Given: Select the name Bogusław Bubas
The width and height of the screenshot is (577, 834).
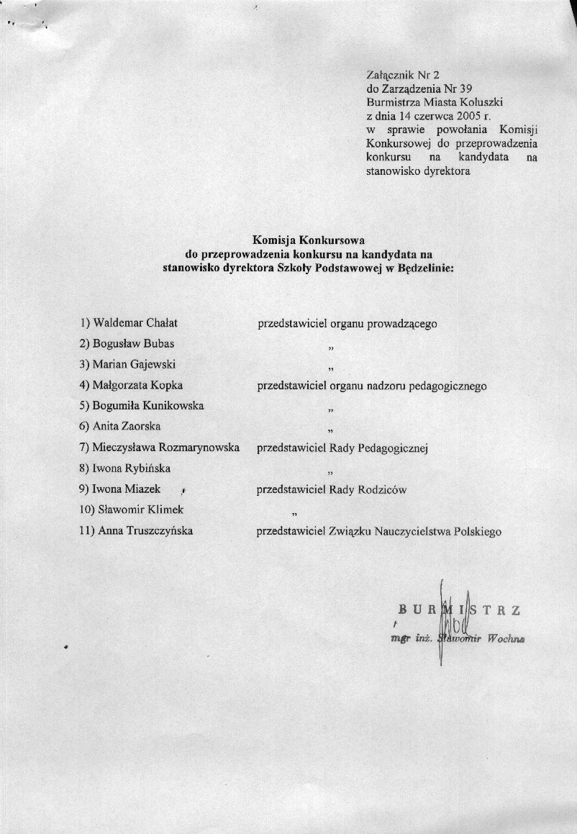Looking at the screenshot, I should point(134,343).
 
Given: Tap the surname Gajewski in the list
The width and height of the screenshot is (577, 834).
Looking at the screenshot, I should point(153,364).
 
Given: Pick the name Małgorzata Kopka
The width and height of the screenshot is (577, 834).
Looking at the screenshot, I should point(137,385).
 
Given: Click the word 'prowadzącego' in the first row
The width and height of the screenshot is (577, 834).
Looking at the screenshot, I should point(402,324).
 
